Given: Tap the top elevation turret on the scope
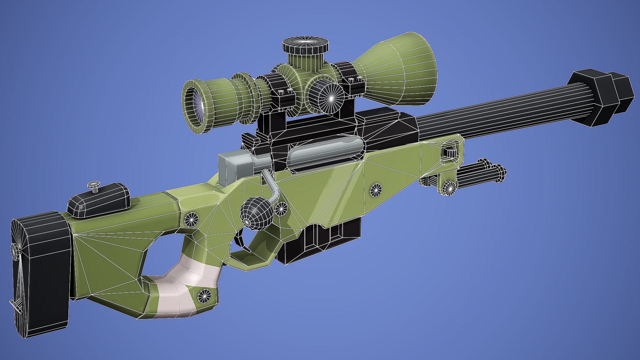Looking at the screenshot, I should point(305,47).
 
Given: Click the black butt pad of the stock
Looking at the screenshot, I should point(40,273).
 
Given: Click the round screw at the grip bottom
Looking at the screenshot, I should point(204,296).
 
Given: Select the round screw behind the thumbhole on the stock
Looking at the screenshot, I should point(191,219).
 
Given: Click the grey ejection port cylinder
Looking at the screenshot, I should point(325,152).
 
